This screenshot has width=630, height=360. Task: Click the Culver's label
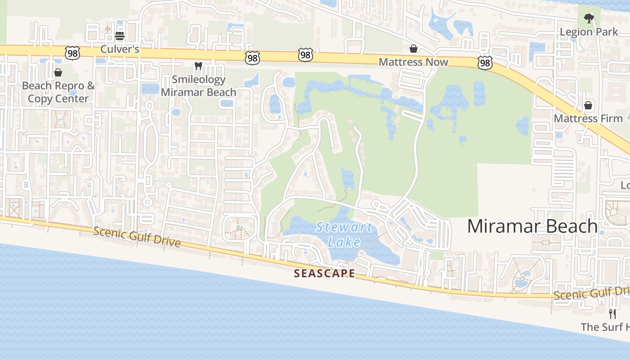pyautogui.click(x=120, y=49)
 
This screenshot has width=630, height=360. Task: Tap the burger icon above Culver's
pyautogui.click(x=120, y=36)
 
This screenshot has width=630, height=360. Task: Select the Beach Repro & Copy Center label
pyautogui.click(x=58, y=92)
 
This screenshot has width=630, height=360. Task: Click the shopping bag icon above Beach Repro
pyautogui.click(x=58, y=72)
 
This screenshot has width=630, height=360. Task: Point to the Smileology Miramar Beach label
pyautogui.click(x=198, y=86)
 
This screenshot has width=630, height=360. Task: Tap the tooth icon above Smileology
pyautogui.click(x=198, y=66)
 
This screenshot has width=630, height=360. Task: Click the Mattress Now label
pyautogui.click(x=414, y=62)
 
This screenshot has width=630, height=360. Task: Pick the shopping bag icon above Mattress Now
pyautogui.click(x=413, y=48)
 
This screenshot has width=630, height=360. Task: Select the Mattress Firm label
pyautogui.click(x=588, y=118)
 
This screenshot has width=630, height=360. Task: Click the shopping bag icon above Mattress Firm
pyautogui.click(x=588, y=105)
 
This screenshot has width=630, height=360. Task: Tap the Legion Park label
pyautogui.click(x=589, y=32)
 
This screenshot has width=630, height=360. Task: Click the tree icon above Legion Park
pyautogui.click(x=589, y=18)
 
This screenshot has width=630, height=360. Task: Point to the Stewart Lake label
pyautogui.click(x=344, y=234)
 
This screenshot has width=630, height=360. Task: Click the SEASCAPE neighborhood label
pyautogui.click(x=324, y=273)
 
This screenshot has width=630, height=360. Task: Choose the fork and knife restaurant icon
pyautogui.click(x=612, y=314)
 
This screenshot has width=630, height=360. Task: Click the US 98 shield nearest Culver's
pyautogui.click(x=72, y=53)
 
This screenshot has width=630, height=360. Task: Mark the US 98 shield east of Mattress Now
pyautogui.click(x=485, y=63)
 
